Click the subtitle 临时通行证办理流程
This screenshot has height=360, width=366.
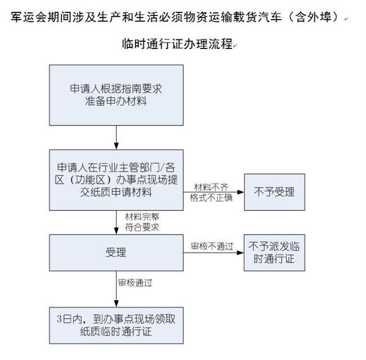177,44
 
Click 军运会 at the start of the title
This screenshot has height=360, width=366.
25,17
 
